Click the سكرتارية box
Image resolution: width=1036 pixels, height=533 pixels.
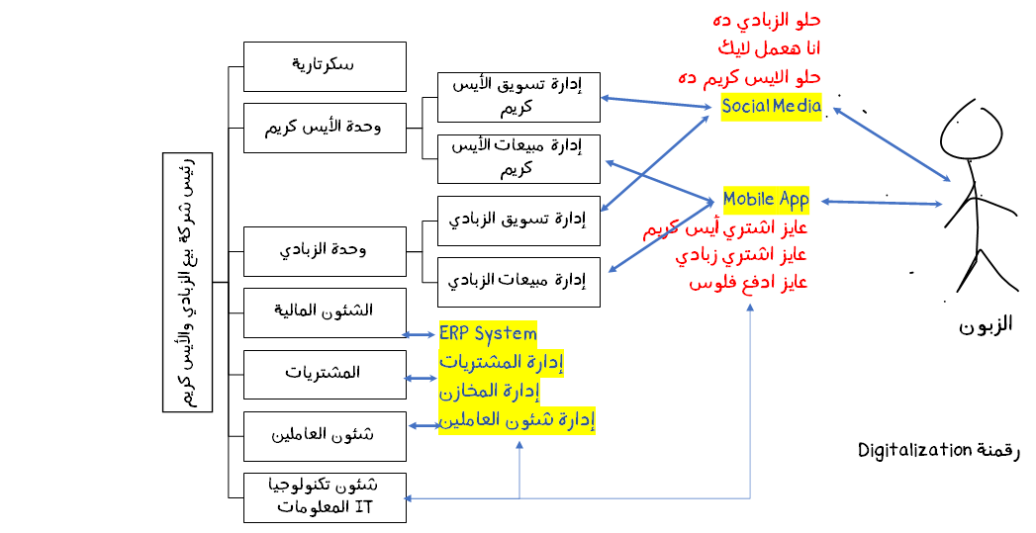pyautogui.click(x=325, y=66)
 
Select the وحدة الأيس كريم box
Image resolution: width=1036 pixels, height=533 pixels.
pyautogui.click(x=325, y=128)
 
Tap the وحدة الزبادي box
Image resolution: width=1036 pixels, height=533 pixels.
pyautogui.click(x=325, y=251)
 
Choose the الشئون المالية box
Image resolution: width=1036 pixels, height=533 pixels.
pyautogui.click(x=325, y=312)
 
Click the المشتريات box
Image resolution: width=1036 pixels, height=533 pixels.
pyautogui.click(x=325, y=374)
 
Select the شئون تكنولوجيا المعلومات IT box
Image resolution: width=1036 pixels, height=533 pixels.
pyautogui.click(x=325, y=497)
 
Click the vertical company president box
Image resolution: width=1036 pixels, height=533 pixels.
pyautogui.click(x=187, y=282)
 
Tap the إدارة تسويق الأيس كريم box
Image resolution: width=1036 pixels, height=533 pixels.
pyautogui.click(x=518, y=97)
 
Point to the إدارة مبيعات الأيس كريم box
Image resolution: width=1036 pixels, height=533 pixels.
pyautogui.click(x=518, y=158)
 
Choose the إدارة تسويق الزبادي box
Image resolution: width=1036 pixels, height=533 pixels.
pyautogui.click(x=518, y=220)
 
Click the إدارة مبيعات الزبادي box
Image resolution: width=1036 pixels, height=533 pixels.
pyautogui.click(x=518, y=282)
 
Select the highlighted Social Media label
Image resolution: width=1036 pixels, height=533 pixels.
pyautogui.click(x=772, y=107)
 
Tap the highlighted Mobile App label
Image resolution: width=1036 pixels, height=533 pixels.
pyautogui.click(x=766, y=200)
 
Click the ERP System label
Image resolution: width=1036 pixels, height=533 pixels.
pyautogui.click(x=488, y=333)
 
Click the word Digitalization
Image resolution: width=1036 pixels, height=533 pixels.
pyautogui.click(x=915, y=451)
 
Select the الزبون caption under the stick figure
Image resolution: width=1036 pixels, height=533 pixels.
pyautogui.click(x=985, y=325)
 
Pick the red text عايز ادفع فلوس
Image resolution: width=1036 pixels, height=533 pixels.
pyautogui.click(x=749, y=282)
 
